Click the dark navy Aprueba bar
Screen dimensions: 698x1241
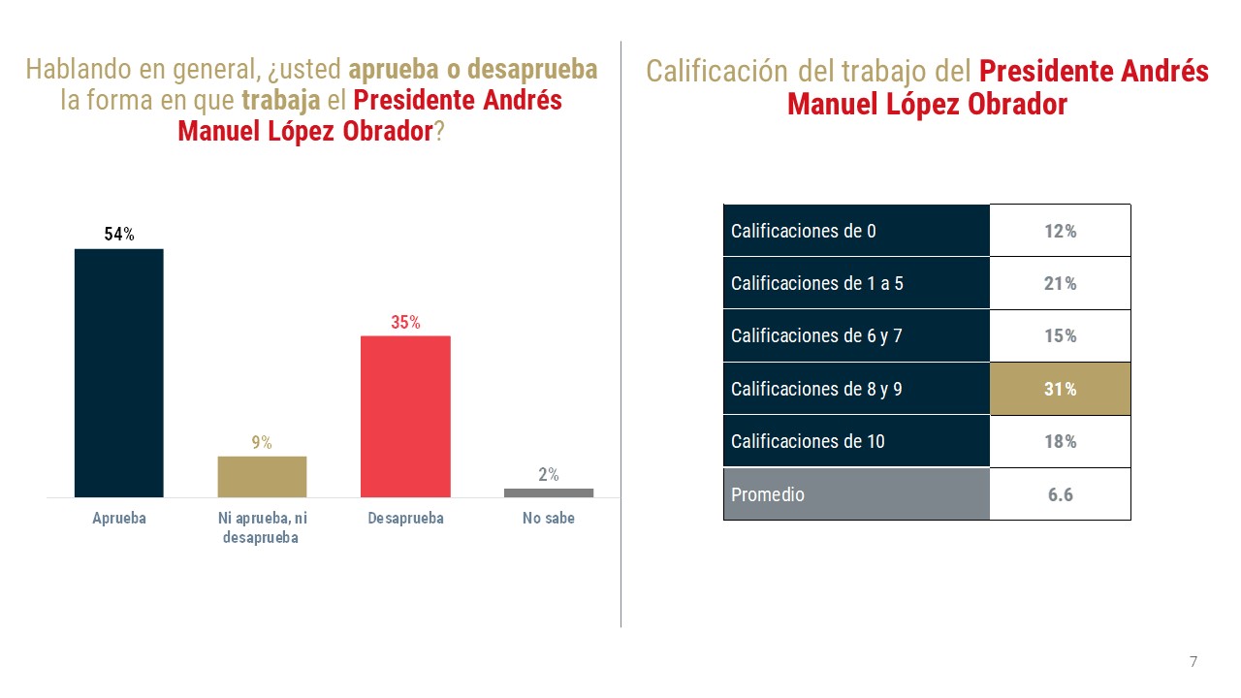[x=119, y=373]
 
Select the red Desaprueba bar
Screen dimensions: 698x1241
[x=405, y=417]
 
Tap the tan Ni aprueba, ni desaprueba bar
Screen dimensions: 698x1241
[x=262, y=476]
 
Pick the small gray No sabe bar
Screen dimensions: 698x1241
[x=549, y=492]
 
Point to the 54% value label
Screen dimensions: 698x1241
[x=119, y=234]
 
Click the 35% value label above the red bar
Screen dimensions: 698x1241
[x=405, y=323]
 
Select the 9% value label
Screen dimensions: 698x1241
[x=262, y=443]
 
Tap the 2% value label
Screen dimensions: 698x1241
[x=549, y=475]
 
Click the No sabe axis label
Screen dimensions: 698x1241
[x=549, y=519]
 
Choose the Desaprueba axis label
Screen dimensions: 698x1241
[x=405, y=519]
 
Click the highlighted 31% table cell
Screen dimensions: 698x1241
[x=1060, y=389]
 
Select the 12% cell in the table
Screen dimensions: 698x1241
[x=1060, y=231]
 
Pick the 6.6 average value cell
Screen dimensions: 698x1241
[x=1060, y=494]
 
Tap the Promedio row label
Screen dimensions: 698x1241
[x=768, y=494]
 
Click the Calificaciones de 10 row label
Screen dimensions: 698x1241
[x=808, y=441]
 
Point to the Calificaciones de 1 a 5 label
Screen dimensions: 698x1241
[x=817, y=283]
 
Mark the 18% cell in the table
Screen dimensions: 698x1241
[x=1060, y=441]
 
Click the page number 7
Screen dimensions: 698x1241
[x=1193, y=662]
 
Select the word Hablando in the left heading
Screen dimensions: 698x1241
[x=75, y=70]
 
